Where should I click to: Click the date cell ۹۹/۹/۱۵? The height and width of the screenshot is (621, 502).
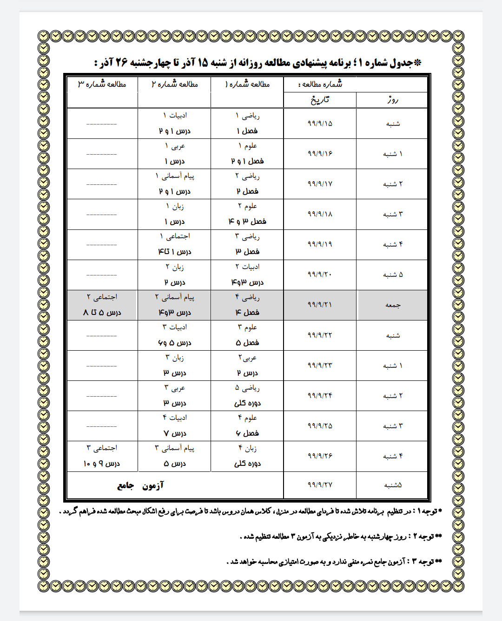pos(320,124)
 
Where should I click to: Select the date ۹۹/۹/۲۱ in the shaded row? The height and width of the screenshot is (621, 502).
pos(320,305)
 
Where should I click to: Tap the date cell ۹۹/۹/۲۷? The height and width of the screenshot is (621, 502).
pos(320,485)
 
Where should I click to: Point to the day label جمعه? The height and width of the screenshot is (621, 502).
pos(393,305)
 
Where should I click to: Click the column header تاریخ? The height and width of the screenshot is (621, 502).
pos(320,100)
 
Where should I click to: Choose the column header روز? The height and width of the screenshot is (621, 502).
pos(393,100)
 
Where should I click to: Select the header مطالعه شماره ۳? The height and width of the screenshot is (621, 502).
pos(102,85)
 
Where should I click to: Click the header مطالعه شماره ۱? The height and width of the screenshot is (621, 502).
pos(247,85)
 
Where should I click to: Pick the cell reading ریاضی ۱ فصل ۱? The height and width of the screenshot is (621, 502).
pos(247,124)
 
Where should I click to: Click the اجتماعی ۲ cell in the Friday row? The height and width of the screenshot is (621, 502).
pos(102,305)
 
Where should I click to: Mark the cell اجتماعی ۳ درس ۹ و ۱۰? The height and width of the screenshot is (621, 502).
pos(102,456)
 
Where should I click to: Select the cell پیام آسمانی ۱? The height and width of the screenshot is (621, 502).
pos(175,184)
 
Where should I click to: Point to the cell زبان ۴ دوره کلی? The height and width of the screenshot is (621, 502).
pos(247,456)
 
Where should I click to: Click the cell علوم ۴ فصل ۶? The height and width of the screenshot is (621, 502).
pos(247,426)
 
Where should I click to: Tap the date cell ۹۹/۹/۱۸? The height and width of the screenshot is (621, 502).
pos(320,214)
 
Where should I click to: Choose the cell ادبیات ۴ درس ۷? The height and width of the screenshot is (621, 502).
pos(175,426)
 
